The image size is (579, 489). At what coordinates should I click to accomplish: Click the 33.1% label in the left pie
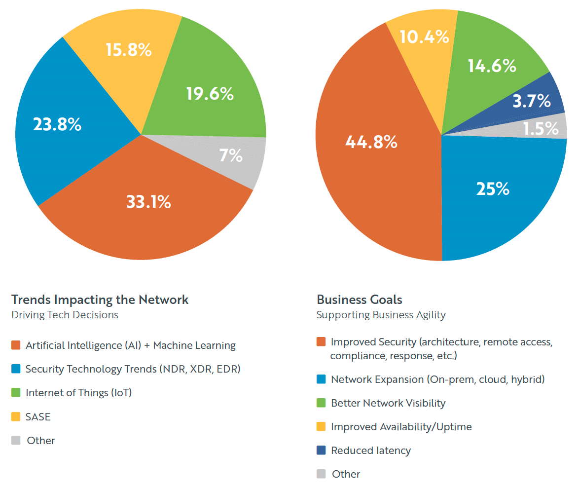148,202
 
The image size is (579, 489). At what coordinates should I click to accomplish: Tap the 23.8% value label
57,124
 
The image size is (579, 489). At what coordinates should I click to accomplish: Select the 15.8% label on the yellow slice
129,50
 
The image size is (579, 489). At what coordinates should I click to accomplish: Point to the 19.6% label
210,94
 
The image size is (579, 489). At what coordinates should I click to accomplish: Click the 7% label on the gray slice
231,156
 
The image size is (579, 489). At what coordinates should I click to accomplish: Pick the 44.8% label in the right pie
371,142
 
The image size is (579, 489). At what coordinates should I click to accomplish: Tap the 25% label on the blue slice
493,188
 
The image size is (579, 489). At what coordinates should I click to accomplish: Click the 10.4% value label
425,37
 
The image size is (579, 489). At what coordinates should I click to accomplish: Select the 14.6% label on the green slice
492,66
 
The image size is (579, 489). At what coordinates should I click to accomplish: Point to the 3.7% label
531,101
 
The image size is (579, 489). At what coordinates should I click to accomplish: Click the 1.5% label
541,129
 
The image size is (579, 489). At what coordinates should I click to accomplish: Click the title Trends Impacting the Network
100,300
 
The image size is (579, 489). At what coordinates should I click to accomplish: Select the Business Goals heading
360,300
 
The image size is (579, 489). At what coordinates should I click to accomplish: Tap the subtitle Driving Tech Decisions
65,315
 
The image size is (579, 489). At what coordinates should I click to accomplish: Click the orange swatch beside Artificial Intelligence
16,345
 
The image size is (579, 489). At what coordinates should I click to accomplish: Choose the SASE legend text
38,417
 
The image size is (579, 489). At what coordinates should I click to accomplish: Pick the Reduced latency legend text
371,451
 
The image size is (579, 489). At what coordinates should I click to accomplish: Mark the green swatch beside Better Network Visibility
322,403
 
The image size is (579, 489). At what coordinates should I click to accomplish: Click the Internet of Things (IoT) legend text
78,393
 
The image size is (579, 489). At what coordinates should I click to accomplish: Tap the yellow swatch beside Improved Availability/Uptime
322,427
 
